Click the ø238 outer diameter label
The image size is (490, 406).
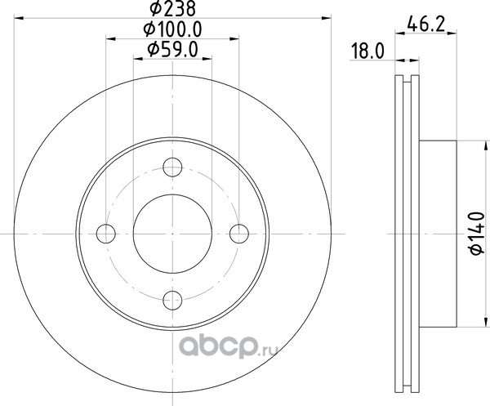(173, 8)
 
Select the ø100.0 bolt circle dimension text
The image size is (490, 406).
(172, 29)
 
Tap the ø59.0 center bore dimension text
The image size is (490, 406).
(173, 50)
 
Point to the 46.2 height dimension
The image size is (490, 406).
(426, 25)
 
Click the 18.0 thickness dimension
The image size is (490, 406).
(367, 51)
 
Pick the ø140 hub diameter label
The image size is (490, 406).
(477, 233)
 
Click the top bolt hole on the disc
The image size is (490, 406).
(172, 167)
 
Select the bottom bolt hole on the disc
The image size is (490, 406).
(172, 300)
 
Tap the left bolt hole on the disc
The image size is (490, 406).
(106, 234)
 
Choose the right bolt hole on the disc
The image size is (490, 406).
(239, 234)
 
